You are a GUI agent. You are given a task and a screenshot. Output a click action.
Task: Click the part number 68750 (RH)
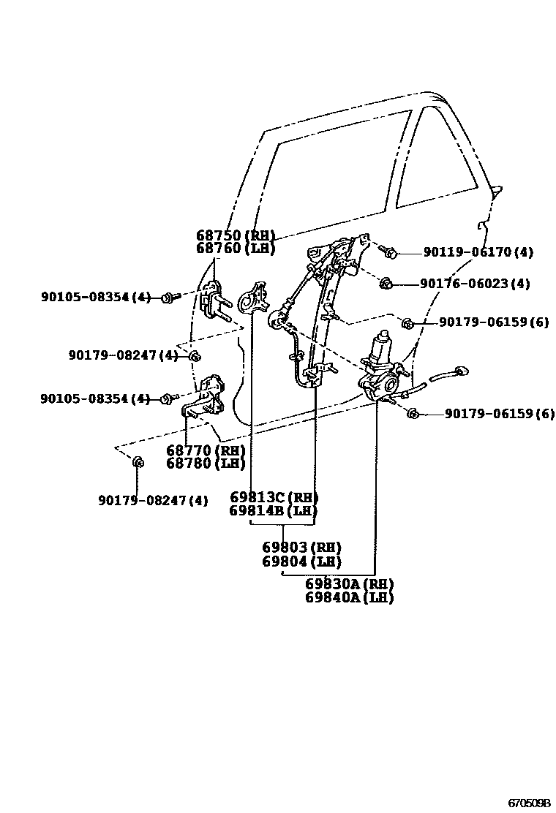pyautogui.click(x=235, y=235)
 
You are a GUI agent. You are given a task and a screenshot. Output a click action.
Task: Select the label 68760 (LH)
pyautogui.click(x=235, y=249)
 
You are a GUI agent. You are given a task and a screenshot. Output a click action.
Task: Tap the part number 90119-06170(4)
pyautogui.click(x=478, y=253)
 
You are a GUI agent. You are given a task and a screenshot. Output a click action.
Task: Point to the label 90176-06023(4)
pyautogui.click(x=475, y=284)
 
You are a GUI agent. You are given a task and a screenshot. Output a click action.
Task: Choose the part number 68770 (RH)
pyautogui.click(x=206, y=450)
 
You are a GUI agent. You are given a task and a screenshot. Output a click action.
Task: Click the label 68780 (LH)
pyautogui.click(x=206, y=464)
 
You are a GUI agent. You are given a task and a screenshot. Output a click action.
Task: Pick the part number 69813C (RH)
pyautogui.click(x=274, y=498)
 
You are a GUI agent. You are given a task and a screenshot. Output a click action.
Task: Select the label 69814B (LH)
pyautogui.click(x=274, y=511)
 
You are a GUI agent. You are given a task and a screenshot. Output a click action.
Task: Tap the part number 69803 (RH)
pyautogui.click(x=301, y=548)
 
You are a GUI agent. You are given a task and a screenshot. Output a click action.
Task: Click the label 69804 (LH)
pyautogui.click(x=301, y=561)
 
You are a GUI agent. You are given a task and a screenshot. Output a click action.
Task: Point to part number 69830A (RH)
pyautogui.click(x=349, y=584)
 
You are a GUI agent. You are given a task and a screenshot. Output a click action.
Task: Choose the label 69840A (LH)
pyautogui.click(x=349, y=597)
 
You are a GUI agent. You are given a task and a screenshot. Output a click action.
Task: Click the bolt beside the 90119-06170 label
pyautogui.click(x=389, y=253)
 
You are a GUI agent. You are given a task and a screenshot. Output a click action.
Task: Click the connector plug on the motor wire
pyautogui.click(x=460, y=371)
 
